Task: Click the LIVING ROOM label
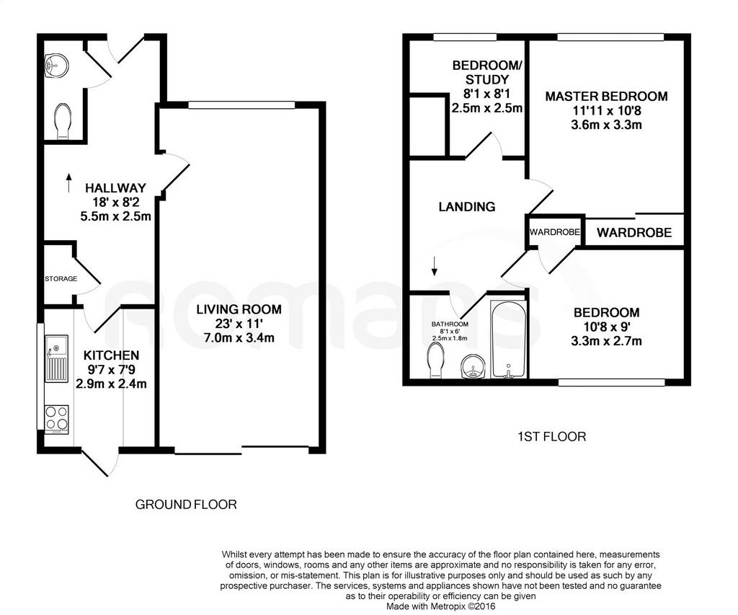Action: click(x=239, y=309)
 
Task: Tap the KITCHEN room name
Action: click(x=111, y=355)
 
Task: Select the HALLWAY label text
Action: click(x=115, y=188)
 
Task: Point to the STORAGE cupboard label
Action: click(x=61, y=279)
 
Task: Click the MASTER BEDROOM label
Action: click(x=606, y=97)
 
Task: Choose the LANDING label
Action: click(x=467, y=207)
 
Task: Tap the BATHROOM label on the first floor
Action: click(x=450, y=324)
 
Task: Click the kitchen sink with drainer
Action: click(x=56, y=358)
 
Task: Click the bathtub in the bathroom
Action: click(x=508, y=339)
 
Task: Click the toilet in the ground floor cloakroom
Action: click(x=63, y=122)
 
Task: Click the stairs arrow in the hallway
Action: click(x=68, y=182)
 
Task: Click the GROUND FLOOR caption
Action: click(x=186, y=505)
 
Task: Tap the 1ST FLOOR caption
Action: click(x=551, y=437)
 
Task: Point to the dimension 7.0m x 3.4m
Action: click(x=239, y=337)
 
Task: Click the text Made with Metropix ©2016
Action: click(x=441, y=606)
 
